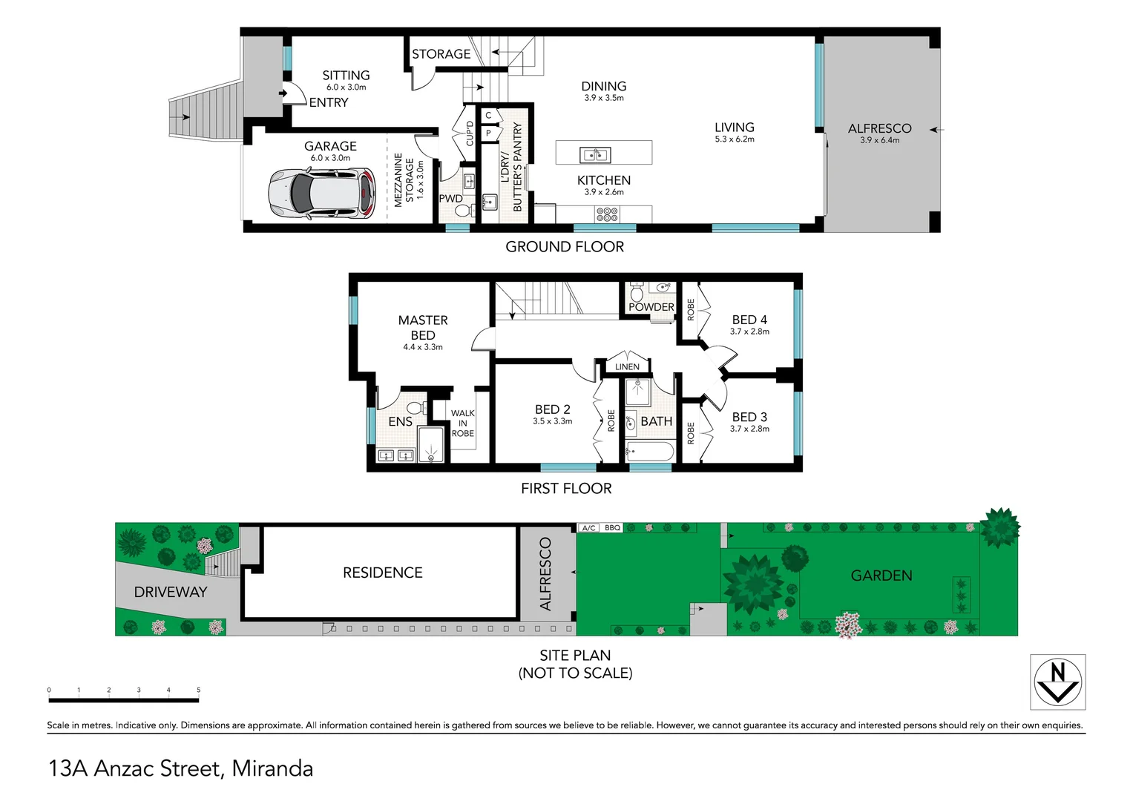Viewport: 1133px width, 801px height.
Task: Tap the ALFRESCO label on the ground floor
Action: (879, 128)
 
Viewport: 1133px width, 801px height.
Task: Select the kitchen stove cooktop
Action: (606, 214)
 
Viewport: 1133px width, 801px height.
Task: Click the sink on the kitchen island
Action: (594, 155)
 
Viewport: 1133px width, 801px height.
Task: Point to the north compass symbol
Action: (1057, 682)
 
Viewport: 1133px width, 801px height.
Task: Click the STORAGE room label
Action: (441, 54)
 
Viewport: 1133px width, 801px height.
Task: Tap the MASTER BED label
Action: (423, 327)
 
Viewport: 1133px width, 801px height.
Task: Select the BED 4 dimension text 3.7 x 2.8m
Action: (749, 332)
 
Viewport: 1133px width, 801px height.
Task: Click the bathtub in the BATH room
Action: (649, 451)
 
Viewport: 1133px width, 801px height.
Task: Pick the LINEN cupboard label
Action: (627, 366)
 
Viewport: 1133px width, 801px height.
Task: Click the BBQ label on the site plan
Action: (612, 528)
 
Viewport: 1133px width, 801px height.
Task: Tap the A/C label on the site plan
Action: (588, 528)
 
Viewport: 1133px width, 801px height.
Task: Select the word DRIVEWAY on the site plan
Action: (171, 592)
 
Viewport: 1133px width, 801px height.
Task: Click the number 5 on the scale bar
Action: (198, 690)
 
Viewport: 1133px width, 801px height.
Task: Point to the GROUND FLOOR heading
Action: (565, 247)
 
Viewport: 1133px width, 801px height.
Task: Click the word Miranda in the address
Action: (272, 768)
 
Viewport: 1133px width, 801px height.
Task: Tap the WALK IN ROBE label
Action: (462, 423)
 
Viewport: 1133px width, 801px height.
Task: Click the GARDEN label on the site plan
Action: (881, 576)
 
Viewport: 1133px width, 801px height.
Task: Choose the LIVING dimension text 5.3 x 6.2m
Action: (734, 139)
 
